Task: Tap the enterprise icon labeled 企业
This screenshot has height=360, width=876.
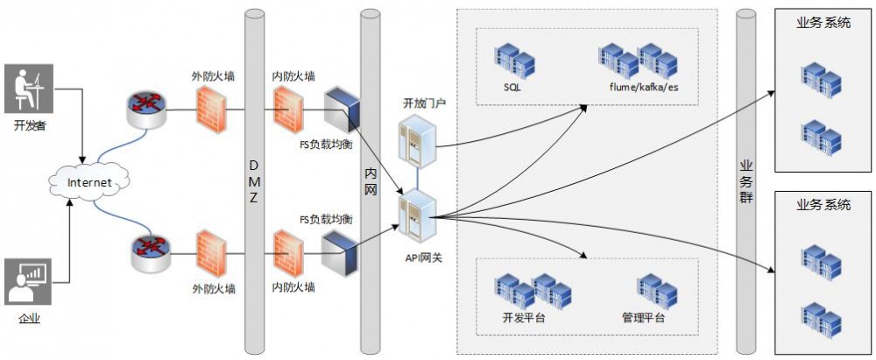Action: [x=28, y=282]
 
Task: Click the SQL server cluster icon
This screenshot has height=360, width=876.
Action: [x=513, y=59]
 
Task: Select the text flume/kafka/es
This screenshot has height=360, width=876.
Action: [x=645, y=88]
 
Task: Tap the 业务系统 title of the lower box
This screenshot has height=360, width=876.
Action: [x=823, y=205]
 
